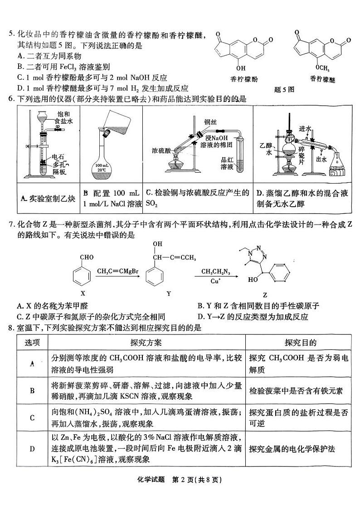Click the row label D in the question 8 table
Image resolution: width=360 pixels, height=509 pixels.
click(x=32, y=449)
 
